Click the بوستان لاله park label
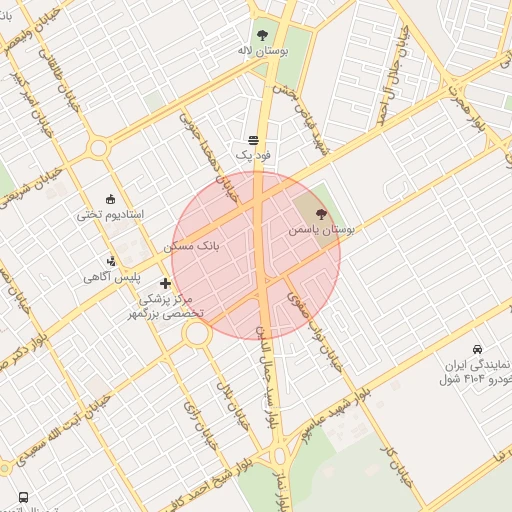point(264,49)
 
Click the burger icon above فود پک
point(253,140)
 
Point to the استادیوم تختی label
point(111,215)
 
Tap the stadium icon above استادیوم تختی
point(110,198)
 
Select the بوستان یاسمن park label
point(322,229)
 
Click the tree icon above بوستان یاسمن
point(321,213)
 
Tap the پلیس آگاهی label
point(110,276)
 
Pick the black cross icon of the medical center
point(165,284)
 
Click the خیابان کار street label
point(398,466)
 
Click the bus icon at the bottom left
point(23,496)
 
